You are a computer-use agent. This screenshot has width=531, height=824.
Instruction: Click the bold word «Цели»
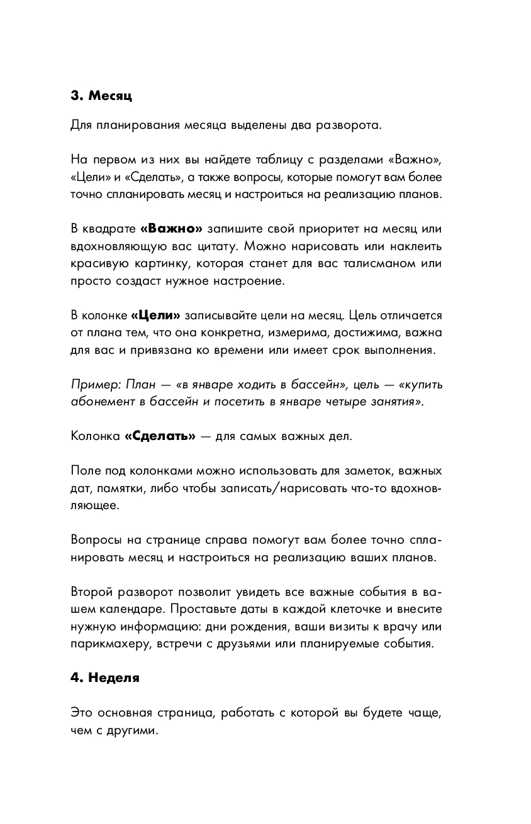(x=155, y=315)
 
